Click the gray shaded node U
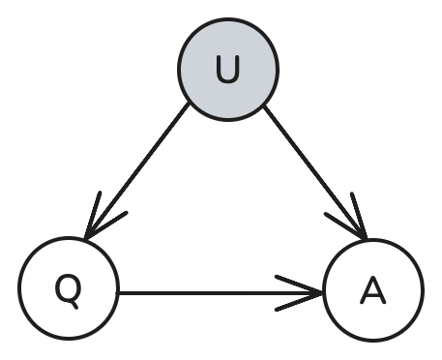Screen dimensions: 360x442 [228, 70]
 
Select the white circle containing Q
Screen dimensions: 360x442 [68, 288]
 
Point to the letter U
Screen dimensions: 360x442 [228, 71]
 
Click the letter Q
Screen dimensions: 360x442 [68, 288]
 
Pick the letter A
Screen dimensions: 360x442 [373, 289]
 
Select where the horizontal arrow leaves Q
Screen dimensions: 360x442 [118, 291]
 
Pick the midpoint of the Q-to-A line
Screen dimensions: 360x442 [221, 291]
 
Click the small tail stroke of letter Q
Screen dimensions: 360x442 [75, 299]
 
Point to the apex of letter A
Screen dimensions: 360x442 [373, 277]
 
